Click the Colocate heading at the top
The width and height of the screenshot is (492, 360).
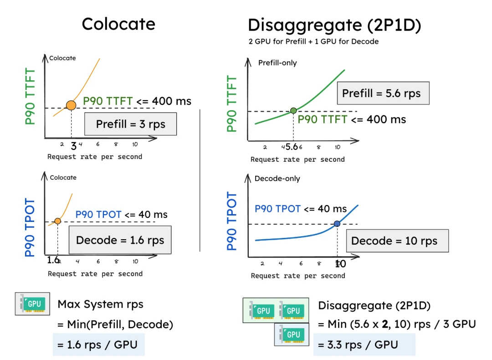118,24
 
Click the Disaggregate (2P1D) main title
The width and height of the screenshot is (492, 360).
334,25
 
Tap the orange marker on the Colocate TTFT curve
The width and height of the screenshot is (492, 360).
71,105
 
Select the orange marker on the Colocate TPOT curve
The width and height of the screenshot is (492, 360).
58,221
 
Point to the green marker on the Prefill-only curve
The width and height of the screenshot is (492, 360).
293,110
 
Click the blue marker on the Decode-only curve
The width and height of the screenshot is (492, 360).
337,223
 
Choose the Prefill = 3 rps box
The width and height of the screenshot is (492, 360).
130,124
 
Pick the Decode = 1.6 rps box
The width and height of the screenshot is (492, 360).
120,240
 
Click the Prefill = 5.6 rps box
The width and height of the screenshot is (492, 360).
383,94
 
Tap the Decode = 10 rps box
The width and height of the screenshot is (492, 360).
397,241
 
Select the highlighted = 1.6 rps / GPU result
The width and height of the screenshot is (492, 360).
98,345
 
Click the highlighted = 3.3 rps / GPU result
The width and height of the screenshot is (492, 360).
364,345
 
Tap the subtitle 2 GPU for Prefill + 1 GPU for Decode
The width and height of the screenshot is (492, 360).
313,41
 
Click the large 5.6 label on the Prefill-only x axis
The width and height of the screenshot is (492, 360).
292,147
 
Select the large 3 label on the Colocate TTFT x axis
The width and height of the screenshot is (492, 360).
74,146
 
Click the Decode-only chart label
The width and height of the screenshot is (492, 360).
277,178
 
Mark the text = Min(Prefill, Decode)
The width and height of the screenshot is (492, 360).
115,324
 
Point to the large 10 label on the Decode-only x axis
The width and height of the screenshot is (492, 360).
340,264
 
